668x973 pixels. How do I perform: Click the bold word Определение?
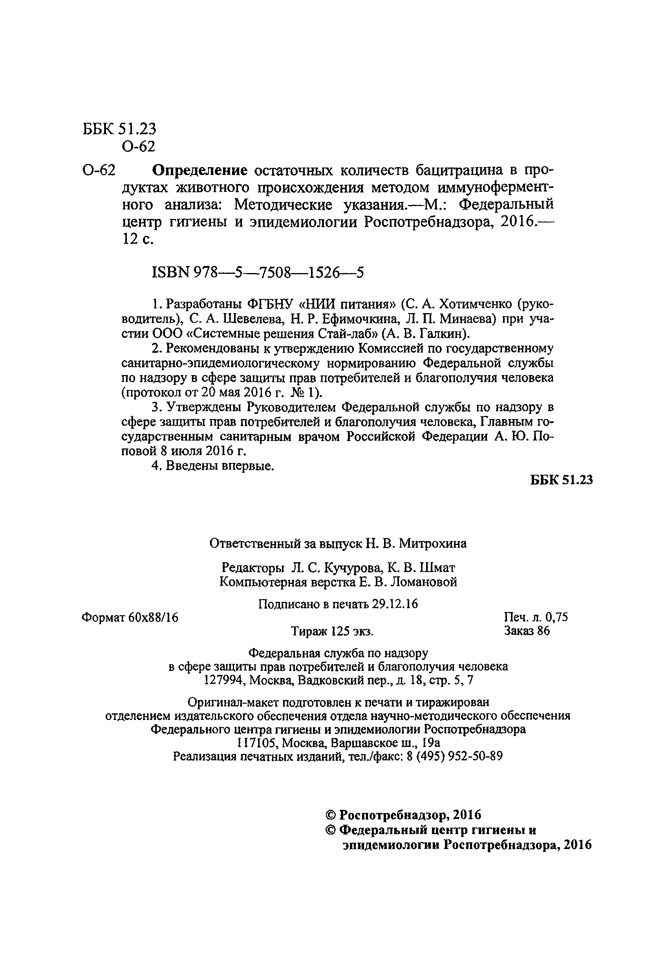[x=199, y=171]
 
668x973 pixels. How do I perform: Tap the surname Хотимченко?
[x=472, y=303]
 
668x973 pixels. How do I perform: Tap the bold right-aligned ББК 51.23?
[x=561, y=480]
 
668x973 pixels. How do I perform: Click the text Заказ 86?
[x=527, y=631]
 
